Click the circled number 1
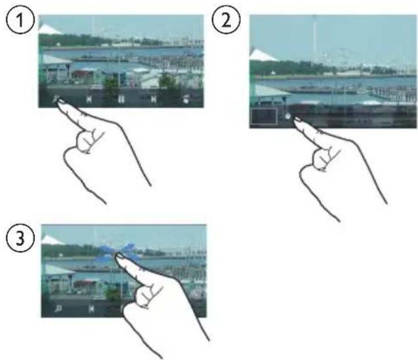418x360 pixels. coord(20,20)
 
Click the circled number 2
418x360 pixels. coord(226,20)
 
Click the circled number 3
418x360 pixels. coord(20,238)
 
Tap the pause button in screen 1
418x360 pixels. coord(121,99)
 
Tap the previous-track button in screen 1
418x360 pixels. coord(89,100)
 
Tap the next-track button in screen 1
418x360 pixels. coord(154,100)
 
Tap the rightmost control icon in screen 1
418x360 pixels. coord(186,99)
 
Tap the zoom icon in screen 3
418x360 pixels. coord(58,309)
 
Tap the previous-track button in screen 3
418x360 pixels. coord(91,309)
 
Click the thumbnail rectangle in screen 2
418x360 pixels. coord(264,117)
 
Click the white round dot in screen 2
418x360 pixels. coord(287,116)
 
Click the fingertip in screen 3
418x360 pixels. coord(119,256)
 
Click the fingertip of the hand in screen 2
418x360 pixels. coord(297,120)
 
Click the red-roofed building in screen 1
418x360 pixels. coord(84,76)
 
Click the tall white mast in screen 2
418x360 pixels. coord(314,35)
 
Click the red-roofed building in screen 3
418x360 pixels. coord(86,286)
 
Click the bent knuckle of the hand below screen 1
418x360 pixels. coord(85,141)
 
